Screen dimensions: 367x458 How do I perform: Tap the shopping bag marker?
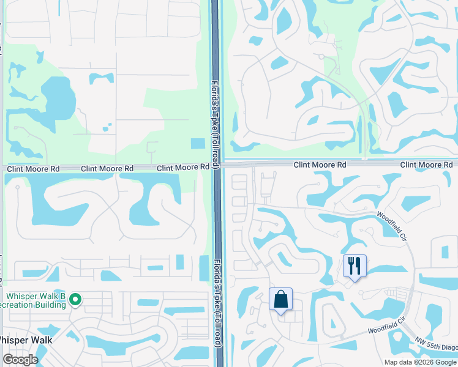tap(281, 300)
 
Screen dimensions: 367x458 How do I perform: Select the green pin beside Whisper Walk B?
tap(75, 299)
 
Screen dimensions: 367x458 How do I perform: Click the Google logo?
tap(20, 360)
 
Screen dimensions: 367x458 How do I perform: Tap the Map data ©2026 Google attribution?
tap(419, 362)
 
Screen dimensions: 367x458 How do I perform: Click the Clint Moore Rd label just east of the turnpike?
tap(320, 165)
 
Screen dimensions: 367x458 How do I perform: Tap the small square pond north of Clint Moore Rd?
tap(198, 144)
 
